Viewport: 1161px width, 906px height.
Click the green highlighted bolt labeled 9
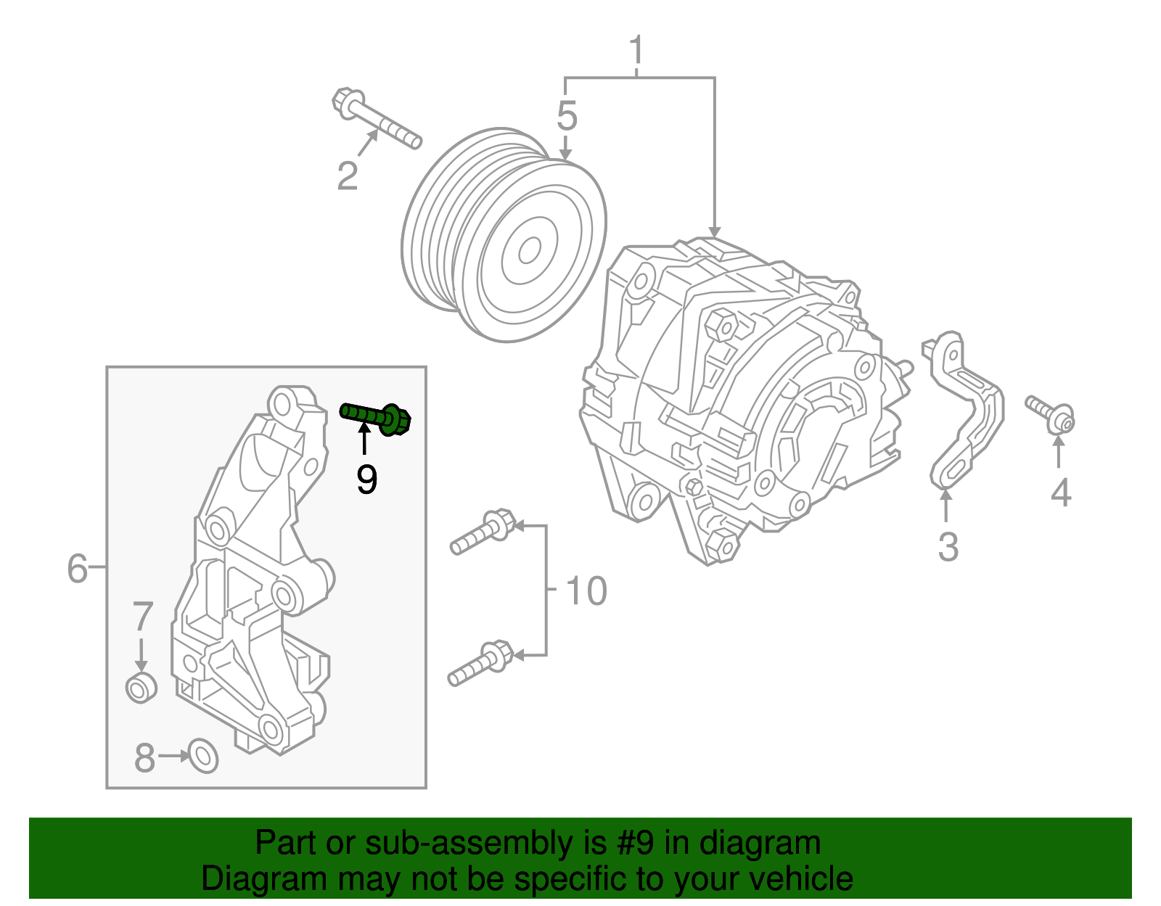pos(376,417)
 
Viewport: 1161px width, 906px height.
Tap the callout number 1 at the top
pos(636,51)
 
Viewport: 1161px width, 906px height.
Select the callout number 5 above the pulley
pos(567,116)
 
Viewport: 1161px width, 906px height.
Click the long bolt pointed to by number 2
pos(377,121)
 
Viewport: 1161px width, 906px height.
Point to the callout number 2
pos(348,176)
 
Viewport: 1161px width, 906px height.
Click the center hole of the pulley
pos(529,251)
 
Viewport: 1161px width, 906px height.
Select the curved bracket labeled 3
pos(965,410)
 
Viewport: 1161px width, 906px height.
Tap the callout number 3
pos(948,547)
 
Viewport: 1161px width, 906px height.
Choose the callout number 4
pos(1060,493)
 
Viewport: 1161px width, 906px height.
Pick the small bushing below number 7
pos(141,687)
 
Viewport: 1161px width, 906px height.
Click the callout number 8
pos(145,758)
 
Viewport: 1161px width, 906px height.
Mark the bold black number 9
pos(367,479)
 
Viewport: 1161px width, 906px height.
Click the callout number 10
pos(585,591)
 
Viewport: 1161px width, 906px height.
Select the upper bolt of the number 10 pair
pos(482,532)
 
